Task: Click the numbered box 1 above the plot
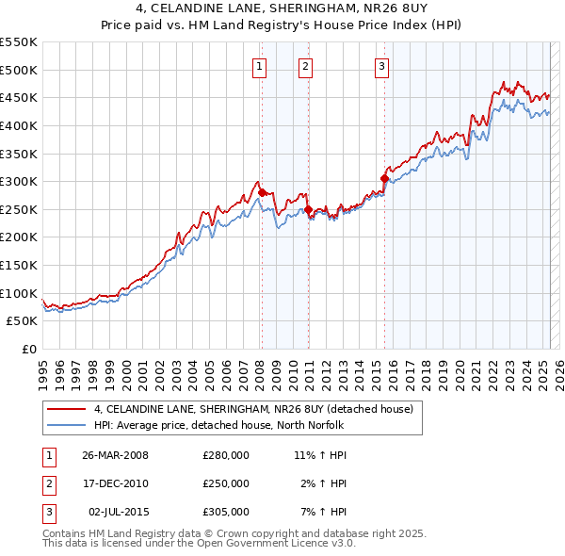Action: [259, 66]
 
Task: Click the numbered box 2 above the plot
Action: [306, 66]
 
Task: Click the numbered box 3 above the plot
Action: [381, 66]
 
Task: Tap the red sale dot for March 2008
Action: [262, 192]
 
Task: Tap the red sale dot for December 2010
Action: [308, 209]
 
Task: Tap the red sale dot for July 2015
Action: [384, 178]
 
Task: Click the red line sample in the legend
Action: [67, 409]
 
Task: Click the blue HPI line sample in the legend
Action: [67, 425]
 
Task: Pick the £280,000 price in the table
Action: [226, 455]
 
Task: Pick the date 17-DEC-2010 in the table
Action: [115, 483]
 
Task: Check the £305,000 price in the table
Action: [226, 512]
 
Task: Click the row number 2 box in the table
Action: [46, 483]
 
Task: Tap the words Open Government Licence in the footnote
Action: [273, 543]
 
